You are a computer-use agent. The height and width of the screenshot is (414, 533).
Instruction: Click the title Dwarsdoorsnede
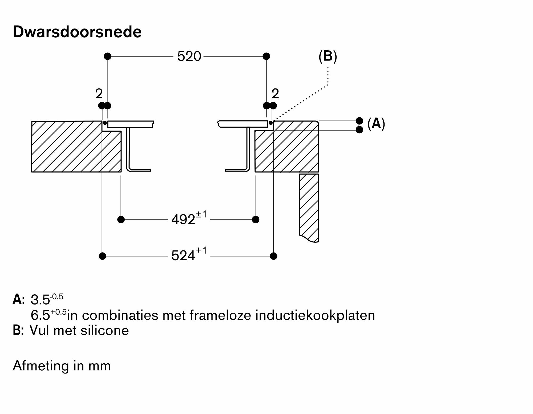[x=77, y=32]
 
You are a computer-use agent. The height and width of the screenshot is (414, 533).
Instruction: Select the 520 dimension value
[x=189, y=56]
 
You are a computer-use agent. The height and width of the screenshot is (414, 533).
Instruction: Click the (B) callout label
[x=328, y=56]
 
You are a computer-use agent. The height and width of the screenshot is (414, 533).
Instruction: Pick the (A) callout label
[x=376, y=124]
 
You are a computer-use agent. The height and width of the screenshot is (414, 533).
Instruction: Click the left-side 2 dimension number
[x=99, y=94]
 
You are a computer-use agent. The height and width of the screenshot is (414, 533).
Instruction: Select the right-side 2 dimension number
[x=275, y=94]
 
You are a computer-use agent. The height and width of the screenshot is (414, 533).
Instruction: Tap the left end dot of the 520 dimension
[x=107, y=56]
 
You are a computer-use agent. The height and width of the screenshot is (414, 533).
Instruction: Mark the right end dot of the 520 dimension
[x=266, y=56]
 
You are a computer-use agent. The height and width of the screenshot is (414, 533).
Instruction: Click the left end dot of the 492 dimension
[x=121, y=220]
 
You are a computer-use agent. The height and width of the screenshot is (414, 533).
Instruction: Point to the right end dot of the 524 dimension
[x=273, y=256]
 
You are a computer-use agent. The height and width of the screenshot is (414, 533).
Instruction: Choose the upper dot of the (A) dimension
[x=359, y=121]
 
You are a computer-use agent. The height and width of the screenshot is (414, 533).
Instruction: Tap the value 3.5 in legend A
[x=40, y=300]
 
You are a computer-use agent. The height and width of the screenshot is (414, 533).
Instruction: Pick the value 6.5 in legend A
[x=40, y=315]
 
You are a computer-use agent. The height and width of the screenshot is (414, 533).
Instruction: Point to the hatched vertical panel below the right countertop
[x=309, y=206]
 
